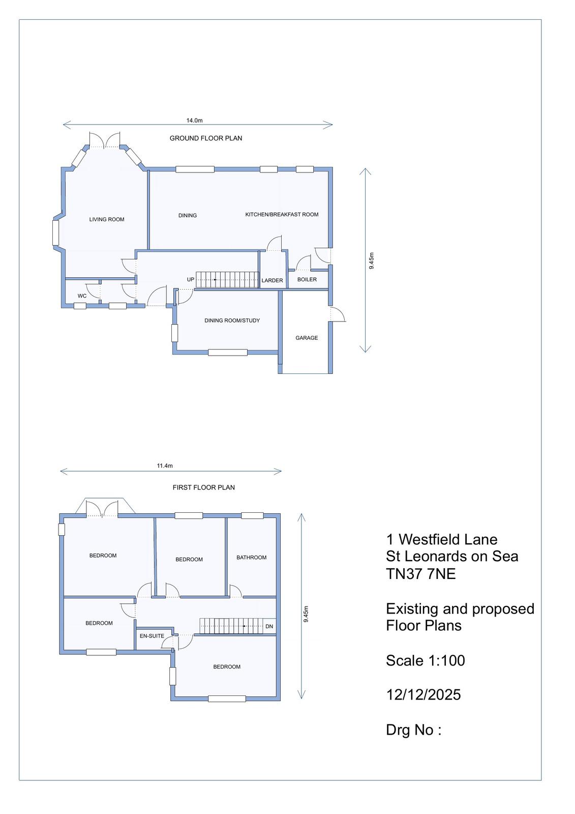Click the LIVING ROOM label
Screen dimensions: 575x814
(107, 219)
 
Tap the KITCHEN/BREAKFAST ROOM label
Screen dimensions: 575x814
(282, 214)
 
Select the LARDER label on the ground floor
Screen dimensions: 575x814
(272, 280)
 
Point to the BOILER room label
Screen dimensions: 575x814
(307, 279)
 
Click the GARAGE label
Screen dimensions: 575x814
(307, 338)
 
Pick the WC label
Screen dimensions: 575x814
(82, 296)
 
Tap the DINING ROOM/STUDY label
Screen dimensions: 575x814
(232, 321)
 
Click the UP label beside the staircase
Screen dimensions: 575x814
(191, 279)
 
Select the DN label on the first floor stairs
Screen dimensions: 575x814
(269, 626)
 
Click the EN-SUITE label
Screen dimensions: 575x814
(152, 636)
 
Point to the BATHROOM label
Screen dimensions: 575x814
(251, 558)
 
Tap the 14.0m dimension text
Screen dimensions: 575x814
(195, 120)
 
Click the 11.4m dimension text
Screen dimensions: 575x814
(165, 466)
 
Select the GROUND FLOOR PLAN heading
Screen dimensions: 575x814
(206, 138)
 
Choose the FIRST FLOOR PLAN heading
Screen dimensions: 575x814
(204, 487)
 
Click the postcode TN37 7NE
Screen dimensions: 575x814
(420, 574)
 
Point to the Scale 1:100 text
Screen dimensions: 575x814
(426, 660)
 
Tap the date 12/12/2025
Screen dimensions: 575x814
(423, 694)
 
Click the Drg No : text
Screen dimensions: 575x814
(413, 730)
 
